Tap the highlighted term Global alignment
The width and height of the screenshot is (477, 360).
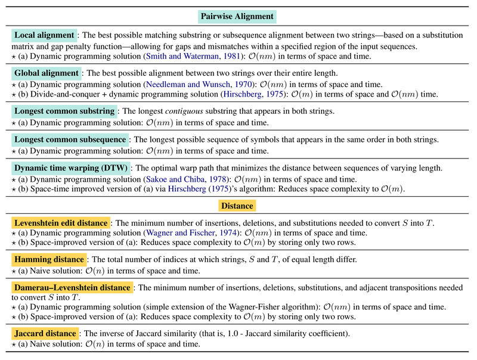[47, 73]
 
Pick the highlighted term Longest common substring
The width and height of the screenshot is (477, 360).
[64, 111]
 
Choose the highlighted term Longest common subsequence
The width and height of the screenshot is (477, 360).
[70, 139]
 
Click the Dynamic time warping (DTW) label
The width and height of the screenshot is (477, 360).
[70, 168]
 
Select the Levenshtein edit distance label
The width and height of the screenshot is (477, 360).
[60, 223]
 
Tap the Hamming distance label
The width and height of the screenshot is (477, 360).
[49, 259]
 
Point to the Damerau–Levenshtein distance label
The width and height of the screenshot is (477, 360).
[72, 287]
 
